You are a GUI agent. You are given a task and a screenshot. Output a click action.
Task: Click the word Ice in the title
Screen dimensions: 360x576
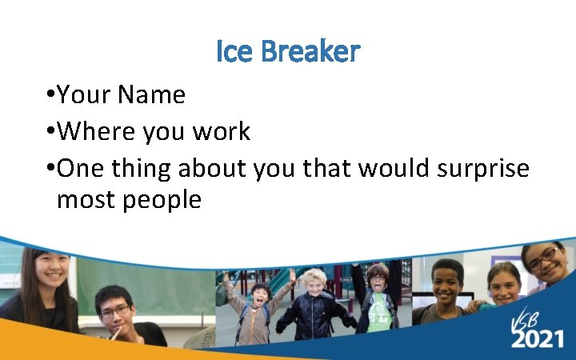tap(234, 52)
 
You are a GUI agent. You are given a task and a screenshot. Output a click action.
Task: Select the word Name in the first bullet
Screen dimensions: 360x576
tap(151, 95)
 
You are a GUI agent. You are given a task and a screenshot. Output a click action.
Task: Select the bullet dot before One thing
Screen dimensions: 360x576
tap(50, 169)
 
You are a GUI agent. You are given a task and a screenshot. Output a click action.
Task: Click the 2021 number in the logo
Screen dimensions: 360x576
tap(538, 338)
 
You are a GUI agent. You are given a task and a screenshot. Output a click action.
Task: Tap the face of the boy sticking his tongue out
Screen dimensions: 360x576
tap(378, 279)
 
